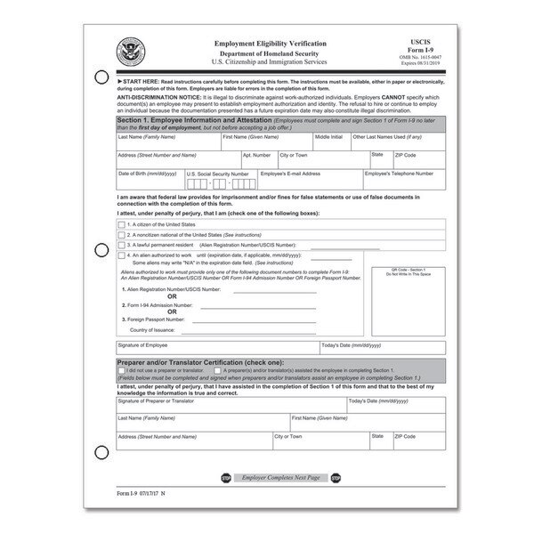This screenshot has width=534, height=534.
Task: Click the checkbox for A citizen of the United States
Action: pos(122,225)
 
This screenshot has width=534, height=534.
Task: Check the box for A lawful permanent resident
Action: pos(122,244)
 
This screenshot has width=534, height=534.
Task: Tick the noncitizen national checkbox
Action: pos(122,235)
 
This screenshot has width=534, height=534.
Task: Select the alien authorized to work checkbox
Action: pos(122,255)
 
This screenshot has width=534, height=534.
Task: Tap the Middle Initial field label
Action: pos(328,138)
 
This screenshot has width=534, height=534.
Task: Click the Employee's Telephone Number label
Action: pos(397,174)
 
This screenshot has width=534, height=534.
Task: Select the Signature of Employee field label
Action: pos(142,344)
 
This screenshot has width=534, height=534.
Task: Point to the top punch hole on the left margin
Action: pos(101,77)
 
